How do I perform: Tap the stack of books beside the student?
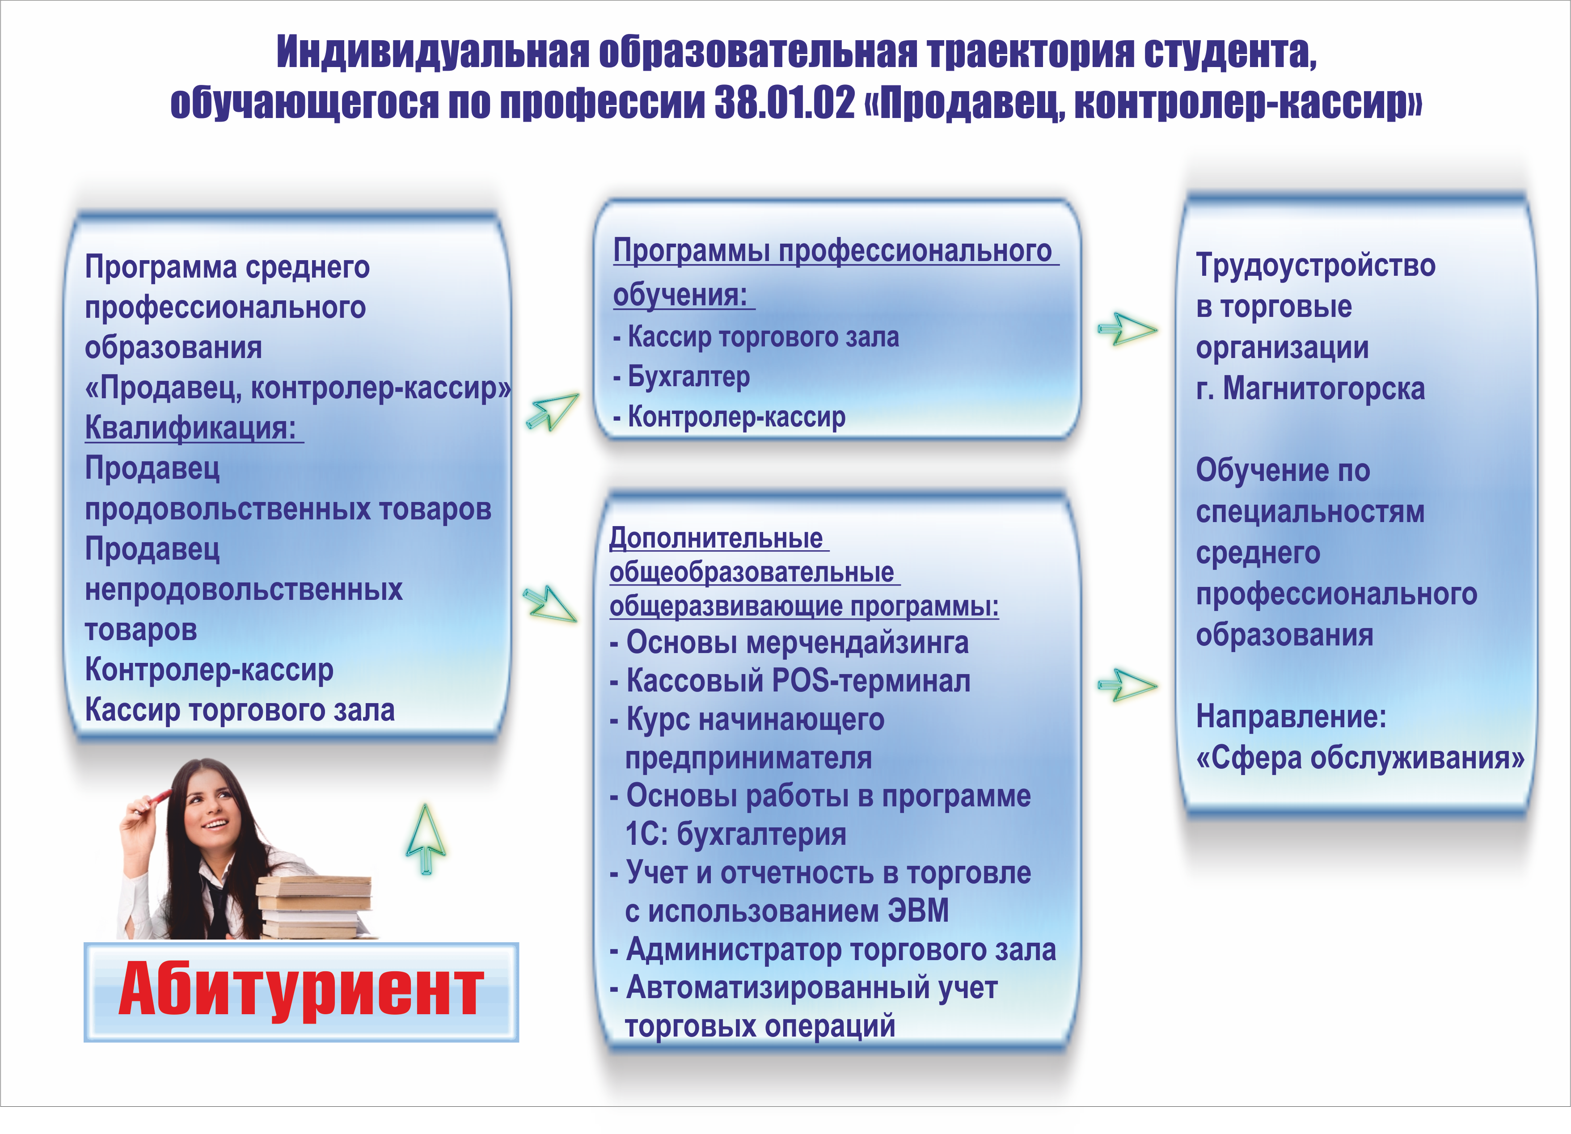pyautogui.click(x=315, y=907)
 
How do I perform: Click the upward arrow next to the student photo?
pyautogui.click(x=425, y=838)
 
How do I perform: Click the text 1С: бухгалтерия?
pyautogui.click(x=735, y=833)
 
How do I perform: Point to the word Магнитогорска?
pyautogui.click(x=1324, y=388)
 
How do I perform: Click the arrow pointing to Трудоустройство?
pyautogui.click(x=1127, y=329)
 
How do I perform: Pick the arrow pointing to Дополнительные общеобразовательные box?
pyautogui.click(x=549, y=603)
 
